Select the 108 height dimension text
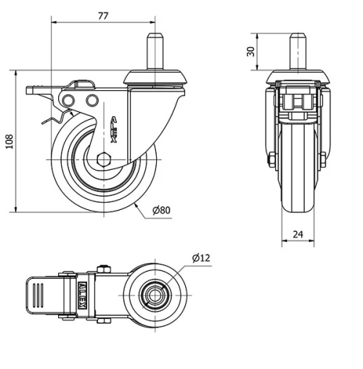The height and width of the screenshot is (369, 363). (9, 141)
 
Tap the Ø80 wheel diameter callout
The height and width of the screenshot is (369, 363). (160, 211)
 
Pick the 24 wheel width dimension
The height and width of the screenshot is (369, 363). (298, 235)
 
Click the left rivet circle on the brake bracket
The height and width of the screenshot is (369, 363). (69, 100)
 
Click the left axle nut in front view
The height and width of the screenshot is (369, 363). (272, 160)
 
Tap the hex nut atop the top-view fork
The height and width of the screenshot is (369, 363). (101, 271)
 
